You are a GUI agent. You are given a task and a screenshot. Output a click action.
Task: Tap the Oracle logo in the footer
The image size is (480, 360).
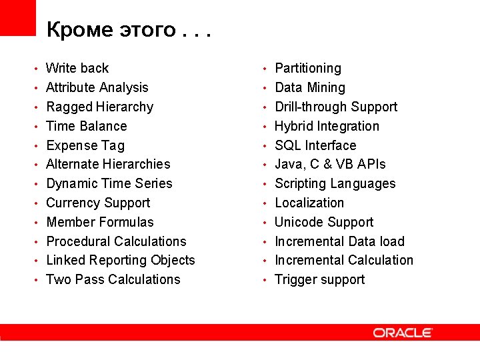pyautogui.click(x=403, y=332)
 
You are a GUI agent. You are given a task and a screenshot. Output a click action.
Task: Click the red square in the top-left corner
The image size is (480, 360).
pyautogui.click(x=17, y=17)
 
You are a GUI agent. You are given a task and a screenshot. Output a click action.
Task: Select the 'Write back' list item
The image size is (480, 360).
pyautogui.click(x=77, y=68)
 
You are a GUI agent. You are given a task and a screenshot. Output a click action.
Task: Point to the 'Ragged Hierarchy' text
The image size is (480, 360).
pyautogui.click(x=99, y=107)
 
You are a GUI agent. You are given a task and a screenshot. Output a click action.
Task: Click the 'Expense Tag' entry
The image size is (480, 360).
pyautogui.click(x=85, y=145)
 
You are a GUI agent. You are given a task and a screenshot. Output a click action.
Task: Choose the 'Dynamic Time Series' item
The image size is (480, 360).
pyautogui.click(x=109, y=183)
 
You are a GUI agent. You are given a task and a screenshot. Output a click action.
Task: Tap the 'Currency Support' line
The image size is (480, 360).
pyautogui.click(x=98, y=203)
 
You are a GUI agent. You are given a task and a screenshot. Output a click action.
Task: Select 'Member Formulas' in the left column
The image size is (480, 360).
pyautogui.click(x=99, y=222)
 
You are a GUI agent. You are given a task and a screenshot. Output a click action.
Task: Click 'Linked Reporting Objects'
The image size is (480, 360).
pyautogui.click(x=120, y=260)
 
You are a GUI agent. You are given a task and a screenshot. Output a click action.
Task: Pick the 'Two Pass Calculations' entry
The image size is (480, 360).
pyautogui.click(x=113, y=279)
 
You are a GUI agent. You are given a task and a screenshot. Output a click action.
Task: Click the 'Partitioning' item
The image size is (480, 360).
pyautogui.click(x=307, y=68)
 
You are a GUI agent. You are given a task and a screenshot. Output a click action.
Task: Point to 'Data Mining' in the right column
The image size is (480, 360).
pyautogui.click(x=310, y=87)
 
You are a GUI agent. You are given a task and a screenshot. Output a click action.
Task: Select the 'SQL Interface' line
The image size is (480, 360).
pyautogui.click(x=315, y=145)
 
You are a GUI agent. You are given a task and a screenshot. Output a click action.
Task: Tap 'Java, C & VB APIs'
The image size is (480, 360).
pyautogui.click(x=330, y=164)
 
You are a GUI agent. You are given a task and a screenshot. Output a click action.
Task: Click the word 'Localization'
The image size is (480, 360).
pyautogui.click(x=309, y=203)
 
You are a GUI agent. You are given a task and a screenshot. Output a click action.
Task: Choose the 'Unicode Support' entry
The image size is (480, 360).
pyautogui.click(x=324, y=222)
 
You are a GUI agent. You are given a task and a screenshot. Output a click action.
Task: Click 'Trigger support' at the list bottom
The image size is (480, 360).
pyautogui.click(x=319, y=279)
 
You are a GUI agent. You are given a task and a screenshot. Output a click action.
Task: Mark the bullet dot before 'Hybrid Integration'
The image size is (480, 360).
pyautogui.click(x=265, y=127)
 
